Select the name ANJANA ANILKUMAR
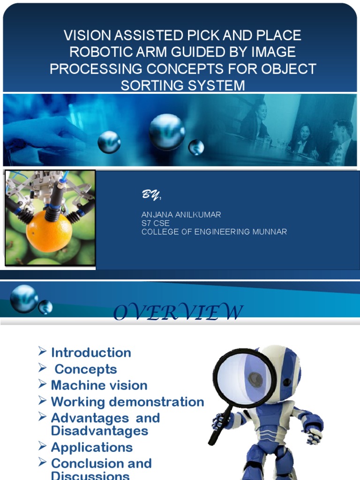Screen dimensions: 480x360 click(181, 215)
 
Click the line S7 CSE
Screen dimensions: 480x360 click(155, 223)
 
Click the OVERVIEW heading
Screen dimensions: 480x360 click(178, 313)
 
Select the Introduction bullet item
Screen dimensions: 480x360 click(91, 352)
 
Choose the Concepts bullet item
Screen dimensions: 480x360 click(86, 369)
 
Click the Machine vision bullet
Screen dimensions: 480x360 click(99, 385)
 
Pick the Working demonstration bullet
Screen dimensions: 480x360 click(127, 402)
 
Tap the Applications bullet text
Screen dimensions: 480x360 click(92, 447)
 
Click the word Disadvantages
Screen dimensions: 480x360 click(99, 430)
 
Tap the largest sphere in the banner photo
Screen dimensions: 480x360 click(167, 132)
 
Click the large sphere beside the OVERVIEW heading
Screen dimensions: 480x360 click(24, 299)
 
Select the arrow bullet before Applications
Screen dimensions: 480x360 click(42, 447)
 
